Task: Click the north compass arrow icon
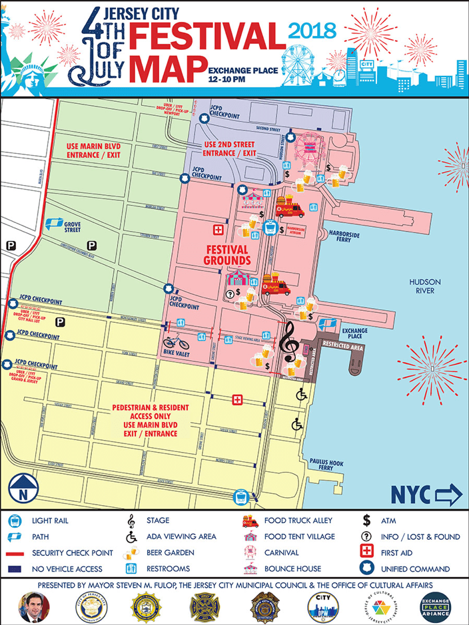click(22, 491)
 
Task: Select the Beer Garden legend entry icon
click(132, 552)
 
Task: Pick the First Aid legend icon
click(365, 552)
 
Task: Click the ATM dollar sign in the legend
click(366, 521)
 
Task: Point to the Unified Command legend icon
click(365, 568)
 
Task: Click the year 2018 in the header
click(313, 30)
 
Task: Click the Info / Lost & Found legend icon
click(365, 536)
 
